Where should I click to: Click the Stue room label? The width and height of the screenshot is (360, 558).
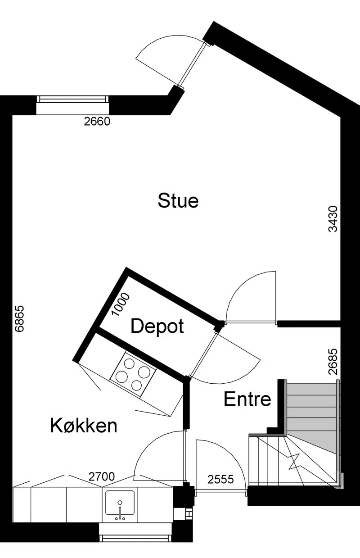point(178,200)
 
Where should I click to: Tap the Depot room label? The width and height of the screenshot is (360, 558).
point(157,326)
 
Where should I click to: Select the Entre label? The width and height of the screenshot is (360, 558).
point(247,399)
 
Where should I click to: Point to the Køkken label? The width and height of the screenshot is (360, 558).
point(84,426)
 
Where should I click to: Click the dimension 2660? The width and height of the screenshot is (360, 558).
point(97,122)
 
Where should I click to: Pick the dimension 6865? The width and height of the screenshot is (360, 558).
point(19,318)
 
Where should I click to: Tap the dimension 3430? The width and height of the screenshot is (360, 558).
point(333,219)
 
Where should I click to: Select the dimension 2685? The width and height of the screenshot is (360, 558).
point(333,362)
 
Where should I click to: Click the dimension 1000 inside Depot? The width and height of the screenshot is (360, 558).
point(121,304)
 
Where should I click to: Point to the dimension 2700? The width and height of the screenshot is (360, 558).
point(102,477)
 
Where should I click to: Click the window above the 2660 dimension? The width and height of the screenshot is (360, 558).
point(73,100)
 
